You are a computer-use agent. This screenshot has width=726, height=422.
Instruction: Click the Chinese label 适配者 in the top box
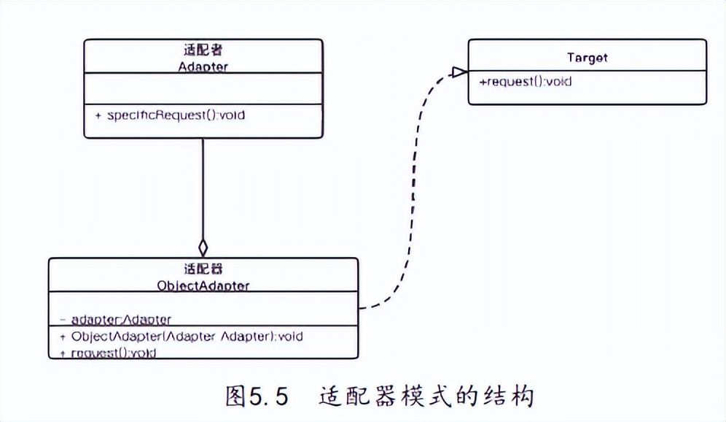(203, 50)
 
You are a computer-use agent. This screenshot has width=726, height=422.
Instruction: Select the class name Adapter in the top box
(203, 66)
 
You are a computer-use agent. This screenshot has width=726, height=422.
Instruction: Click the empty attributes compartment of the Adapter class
(203, 88)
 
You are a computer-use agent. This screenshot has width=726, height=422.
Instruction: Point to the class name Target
(587, 57)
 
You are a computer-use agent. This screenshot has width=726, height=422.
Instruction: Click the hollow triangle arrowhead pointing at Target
(458, 72)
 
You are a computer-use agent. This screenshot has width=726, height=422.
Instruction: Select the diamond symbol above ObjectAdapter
(203, 248)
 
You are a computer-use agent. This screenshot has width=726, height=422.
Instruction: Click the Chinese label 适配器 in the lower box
(203, 269)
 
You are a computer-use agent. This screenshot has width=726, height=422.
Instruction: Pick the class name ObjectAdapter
(203, 285)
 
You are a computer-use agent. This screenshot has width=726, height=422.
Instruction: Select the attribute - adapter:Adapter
(120, 320)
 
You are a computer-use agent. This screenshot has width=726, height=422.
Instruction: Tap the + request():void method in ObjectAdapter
(112, 353)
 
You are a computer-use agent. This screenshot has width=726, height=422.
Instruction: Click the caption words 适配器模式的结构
(426, 396)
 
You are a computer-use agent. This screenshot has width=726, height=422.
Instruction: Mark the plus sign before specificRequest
(98, 115)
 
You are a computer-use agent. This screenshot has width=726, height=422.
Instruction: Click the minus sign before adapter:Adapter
(63, 320)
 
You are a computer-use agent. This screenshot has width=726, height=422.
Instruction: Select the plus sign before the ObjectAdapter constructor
(63, 337)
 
